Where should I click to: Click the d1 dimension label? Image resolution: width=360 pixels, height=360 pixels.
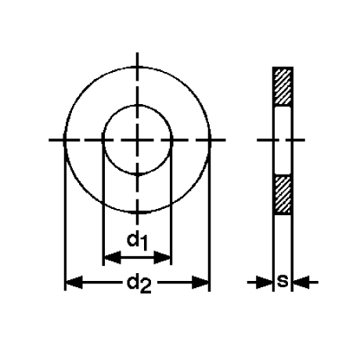click(x=137, y=241)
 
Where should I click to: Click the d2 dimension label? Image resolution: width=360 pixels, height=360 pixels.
click(x=139, y=284)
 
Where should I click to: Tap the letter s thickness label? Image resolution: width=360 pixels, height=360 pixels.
click(x=283, y=282)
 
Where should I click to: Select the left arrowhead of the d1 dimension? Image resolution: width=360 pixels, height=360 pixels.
click(x=112, y=257)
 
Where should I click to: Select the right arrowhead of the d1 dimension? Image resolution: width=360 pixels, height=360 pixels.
click(x=162, y=257)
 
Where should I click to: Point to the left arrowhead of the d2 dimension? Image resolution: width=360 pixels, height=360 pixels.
click(x=74, y=282)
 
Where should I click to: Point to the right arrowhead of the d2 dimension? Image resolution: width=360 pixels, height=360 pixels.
click(x=200, y=282)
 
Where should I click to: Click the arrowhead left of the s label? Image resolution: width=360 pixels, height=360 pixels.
click(x=265, y=282)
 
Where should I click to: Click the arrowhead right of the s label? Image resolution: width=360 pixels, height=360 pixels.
click(x=301, y=282)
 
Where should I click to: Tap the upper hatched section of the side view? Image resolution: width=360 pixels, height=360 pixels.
click(x=283, y=86)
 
